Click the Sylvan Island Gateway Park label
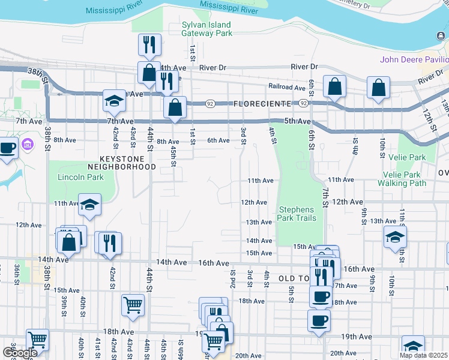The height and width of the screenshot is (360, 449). [207, 29]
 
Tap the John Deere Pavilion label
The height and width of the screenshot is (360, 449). [414, 59]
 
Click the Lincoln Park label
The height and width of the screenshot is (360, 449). [80, 177]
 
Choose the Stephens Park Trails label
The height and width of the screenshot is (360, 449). [297, 214]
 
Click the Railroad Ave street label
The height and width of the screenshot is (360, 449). [286, 87]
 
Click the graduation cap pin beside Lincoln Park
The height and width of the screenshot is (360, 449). [89, 205]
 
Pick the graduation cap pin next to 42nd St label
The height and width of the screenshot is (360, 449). [113, 101]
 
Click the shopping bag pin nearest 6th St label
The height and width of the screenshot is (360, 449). [334, 87]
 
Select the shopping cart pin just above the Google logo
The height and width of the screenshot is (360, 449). [37, 340]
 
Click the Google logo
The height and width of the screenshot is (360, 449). [19, 353]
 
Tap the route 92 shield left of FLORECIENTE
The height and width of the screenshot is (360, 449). [211, 103]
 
